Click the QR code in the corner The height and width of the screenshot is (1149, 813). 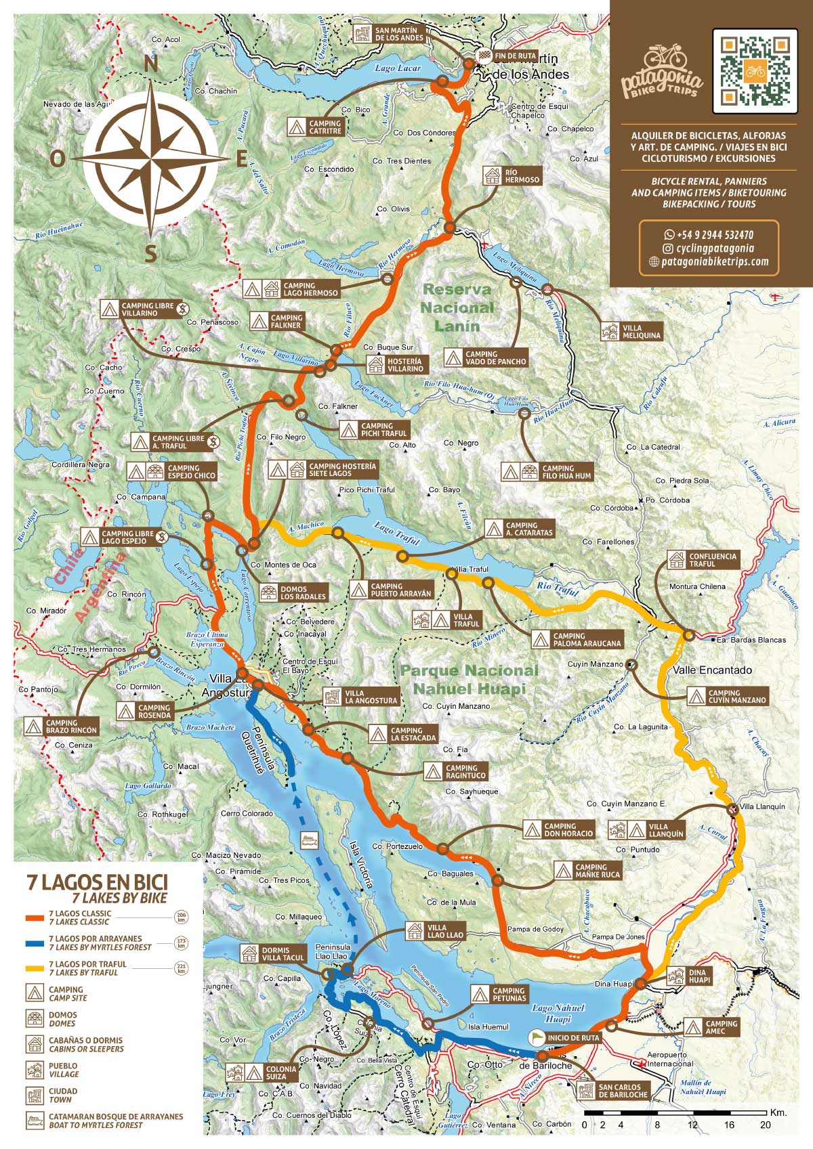click(755, 70)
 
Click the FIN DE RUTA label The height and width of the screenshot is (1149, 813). click(515, 56)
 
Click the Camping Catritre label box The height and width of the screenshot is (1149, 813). click(316, 127)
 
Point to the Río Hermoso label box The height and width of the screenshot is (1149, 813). click(514, 176)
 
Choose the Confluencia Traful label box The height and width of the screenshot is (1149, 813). click(703, 559)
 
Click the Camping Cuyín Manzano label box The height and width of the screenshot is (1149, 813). click(728, 696)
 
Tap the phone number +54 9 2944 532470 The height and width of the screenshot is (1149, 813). click(709, 235)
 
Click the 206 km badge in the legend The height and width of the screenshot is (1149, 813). click(180, 917)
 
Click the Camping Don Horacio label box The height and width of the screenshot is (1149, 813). click(560, 829)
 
